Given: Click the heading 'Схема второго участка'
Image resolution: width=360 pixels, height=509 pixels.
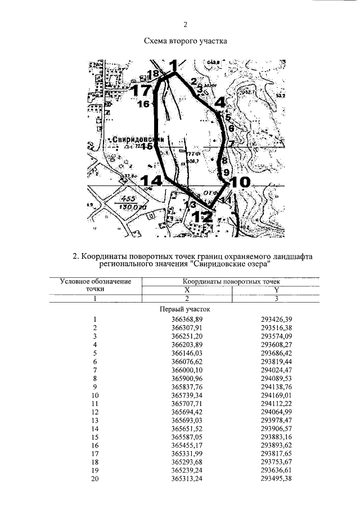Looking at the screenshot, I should click(x=185, y=41).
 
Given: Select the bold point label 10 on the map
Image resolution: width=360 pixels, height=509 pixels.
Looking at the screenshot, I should click(x=240, y=182).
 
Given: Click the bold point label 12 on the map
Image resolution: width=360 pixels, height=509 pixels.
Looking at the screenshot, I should click(x=201, y=216).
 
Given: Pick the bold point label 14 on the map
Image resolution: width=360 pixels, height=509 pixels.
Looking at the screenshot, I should click(x=151, y=181).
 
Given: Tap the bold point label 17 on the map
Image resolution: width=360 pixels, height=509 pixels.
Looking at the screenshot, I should click(x=140, y=90).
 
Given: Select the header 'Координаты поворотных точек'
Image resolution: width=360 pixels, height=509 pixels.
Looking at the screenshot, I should click(x=231, y=281).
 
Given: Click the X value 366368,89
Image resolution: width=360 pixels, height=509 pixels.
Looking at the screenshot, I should click(x=187, y=319).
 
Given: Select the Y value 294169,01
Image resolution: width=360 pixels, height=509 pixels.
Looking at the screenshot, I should click(x=277, y=395).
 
